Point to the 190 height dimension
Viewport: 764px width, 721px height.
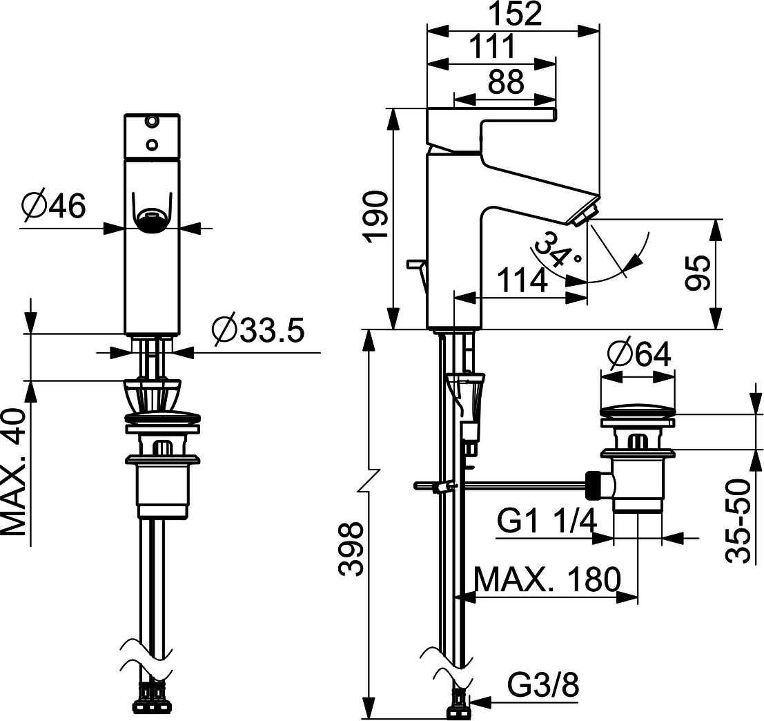377,216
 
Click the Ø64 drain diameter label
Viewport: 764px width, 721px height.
639,355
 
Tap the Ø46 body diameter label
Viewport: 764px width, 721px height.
53,205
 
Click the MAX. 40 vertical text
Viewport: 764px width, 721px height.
15,472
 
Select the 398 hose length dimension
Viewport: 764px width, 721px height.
352,549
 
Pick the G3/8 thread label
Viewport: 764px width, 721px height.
542,686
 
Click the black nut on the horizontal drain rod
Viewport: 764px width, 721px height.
593,483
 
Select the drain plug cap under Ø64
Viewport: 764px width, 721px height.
637,411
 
